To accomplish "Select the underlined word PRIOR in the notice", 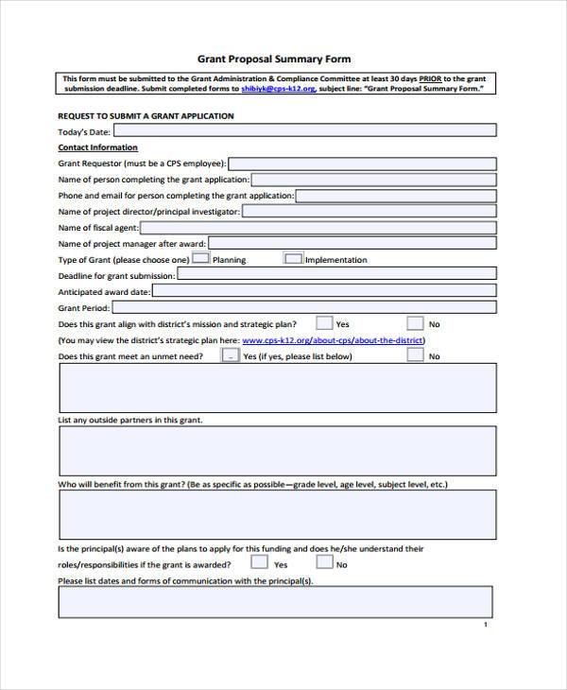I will (x=429, y=78).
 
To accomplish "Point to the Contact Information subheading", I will (x=97, y=147).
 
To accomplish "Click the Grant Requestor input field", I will (x=362, y=164).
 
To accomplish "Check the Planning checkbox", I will (x=200, y=258).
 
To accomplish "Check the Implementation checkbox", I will (x=293, y=258).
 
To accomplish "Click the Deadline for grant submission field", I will (x=336, y=275).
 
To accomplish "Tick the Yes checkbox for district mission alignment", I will (x=324, y=323).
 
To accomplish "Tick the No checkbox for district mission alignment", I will (x=415, y=323).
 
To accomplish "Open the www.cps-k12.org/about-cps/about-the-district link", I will (x=334, y=339).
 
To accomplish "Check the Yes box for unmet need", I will (x=231, y=355).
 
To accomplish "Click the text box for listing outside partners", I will (x=277, y=450).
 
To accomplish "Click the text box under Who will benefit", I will (x=277, y=515).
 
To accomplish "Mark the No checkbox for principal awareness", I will (x=323, y=562).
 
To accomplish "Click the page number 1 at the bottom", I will (x=485, y=625).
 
